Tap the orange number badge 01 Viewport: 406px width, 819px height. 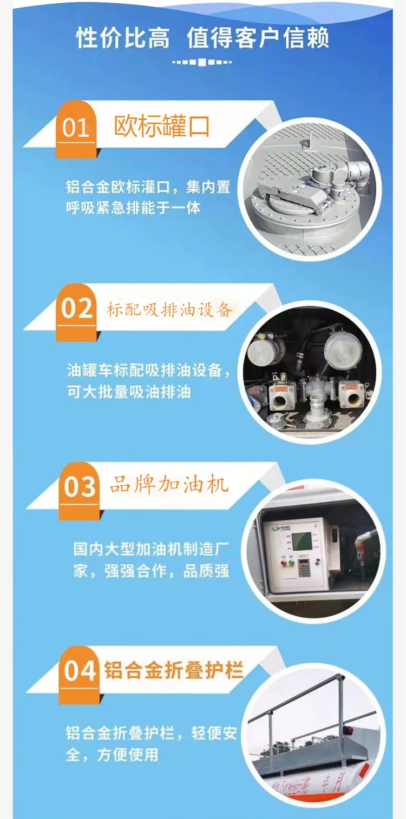point(76,129)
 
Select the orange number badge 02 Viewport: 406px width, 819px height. point(76,312)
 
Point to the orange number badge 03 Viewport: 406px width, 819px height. point(80,490)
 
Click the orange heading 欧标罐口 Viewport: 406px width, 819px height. point(161,126)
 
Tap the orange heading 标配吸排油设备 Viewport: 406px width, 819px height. point(169,309)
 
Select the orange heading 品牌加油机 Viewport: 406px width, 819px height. point(169,485)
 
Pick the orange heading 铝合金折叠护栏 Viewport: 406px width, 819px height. point(174,670)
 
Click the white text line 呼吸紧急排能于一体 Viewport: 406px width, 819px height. point(133,208)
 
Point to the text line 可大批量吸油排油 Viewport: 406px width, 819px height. point(129,392)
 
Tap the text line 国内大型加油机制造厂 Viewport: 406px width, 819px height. point(151,550)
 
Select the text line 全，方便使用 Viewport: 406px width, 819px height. point(112,755)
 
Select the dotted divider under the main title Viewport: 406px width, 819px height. point(202,62)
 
